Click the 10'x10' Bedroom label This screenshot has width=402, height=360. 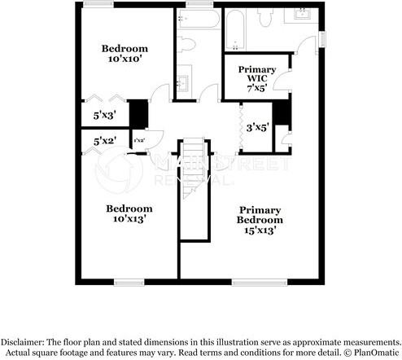tap(122, 53)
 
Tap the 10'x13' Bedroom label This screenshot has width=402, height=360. tap(129, 213)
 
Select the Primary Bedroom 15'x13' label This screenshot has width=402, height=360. tap(260, 219)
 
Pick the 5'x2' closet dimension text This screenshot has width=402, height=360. tap(105, 141)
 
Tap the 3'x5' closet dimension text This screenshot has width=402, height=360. tap(257, 126)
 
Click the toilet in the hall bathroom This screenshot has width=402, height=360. tap(186, 44)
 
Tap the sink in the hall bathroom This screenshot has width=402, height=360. tap(183, 81)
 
